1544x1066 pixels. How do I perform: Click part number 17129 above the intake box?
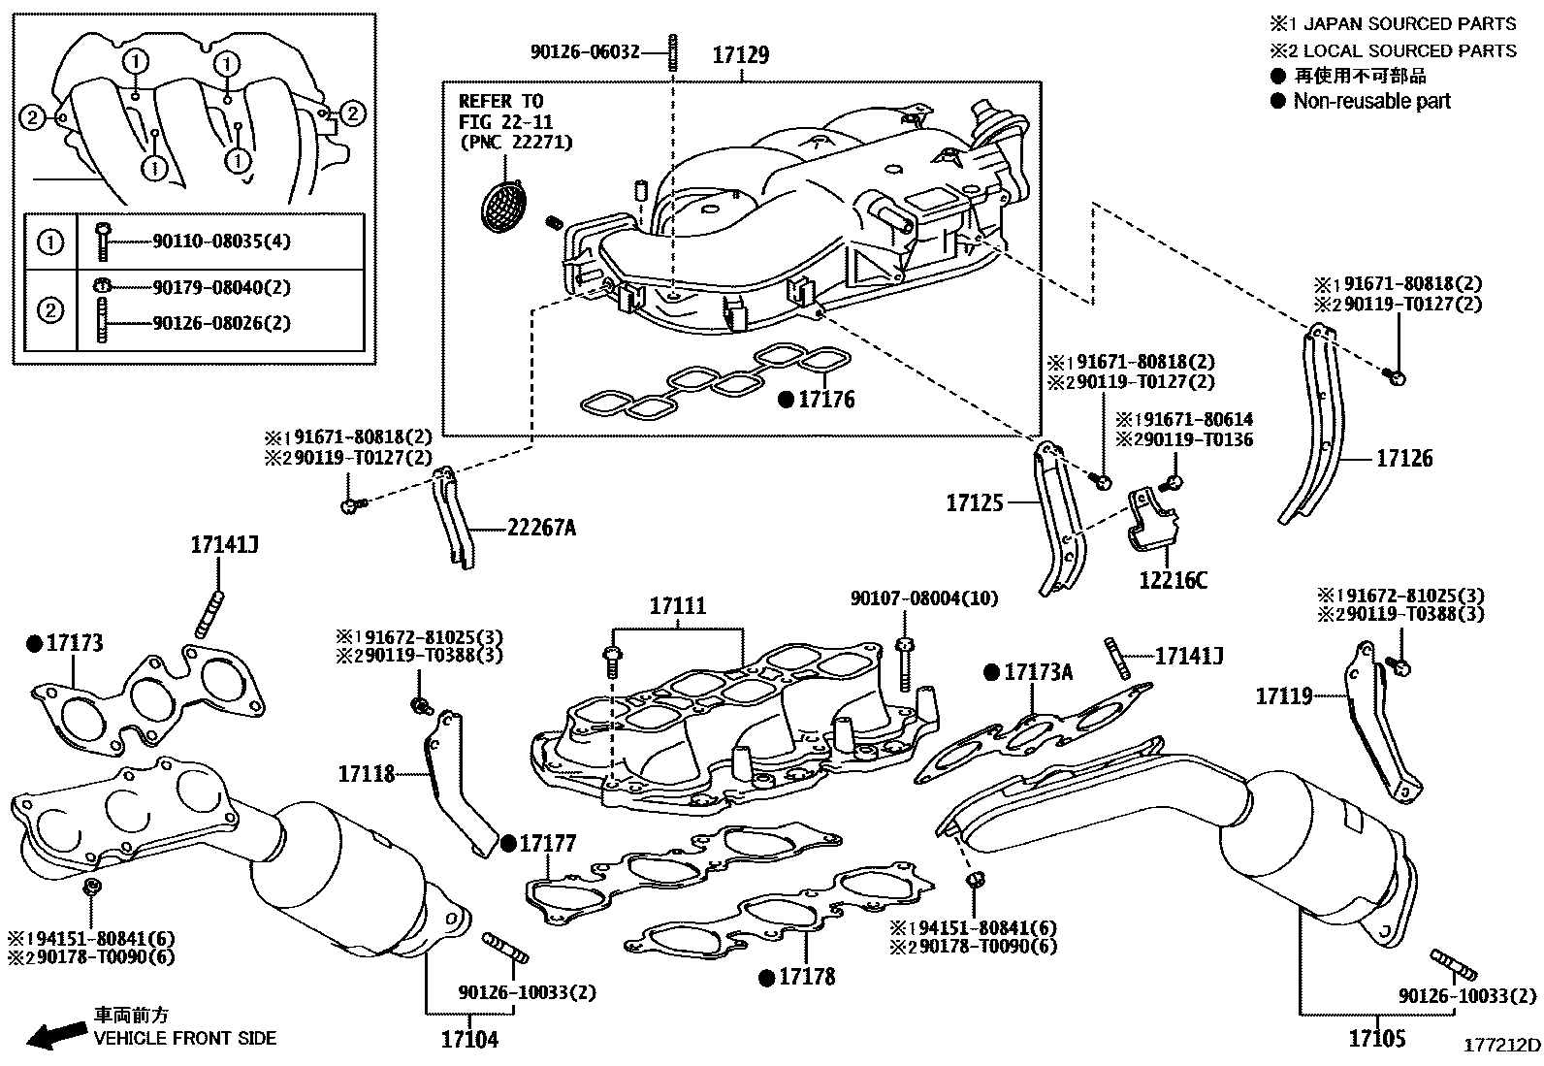(x=740, y=55)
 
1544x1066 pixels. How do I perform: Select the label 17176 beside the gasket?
(x=826, y=400)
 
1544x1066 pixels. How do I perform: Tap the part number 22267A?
(x=540, y=529)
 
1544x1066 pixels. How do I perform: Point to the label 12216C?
(x=1173, y=581)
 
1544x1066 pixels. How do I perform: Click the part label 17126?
(x=1403, y=459)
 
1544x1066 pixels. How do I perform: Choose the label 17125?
(x=975, y=502)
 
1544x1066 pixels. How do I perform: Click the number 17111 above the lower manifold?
(x=678, y=607)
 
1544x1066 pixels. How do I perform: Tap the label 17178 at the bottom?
(x=807, y=977)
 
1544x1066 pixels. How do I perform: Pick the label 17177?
(x=548, y=843)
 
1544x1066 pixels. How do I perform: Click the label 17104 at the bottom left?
(x=469, y=1040)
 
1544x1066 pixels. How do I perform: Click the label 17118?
(x=367, y=774)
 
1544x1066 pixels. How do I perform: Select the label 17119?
(x=1284, y=695)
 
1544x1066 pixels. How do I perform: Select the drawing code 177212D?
(x=1501, y=1045)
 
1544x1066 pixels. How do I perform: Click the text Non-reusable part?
(x=1371, y=101)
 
